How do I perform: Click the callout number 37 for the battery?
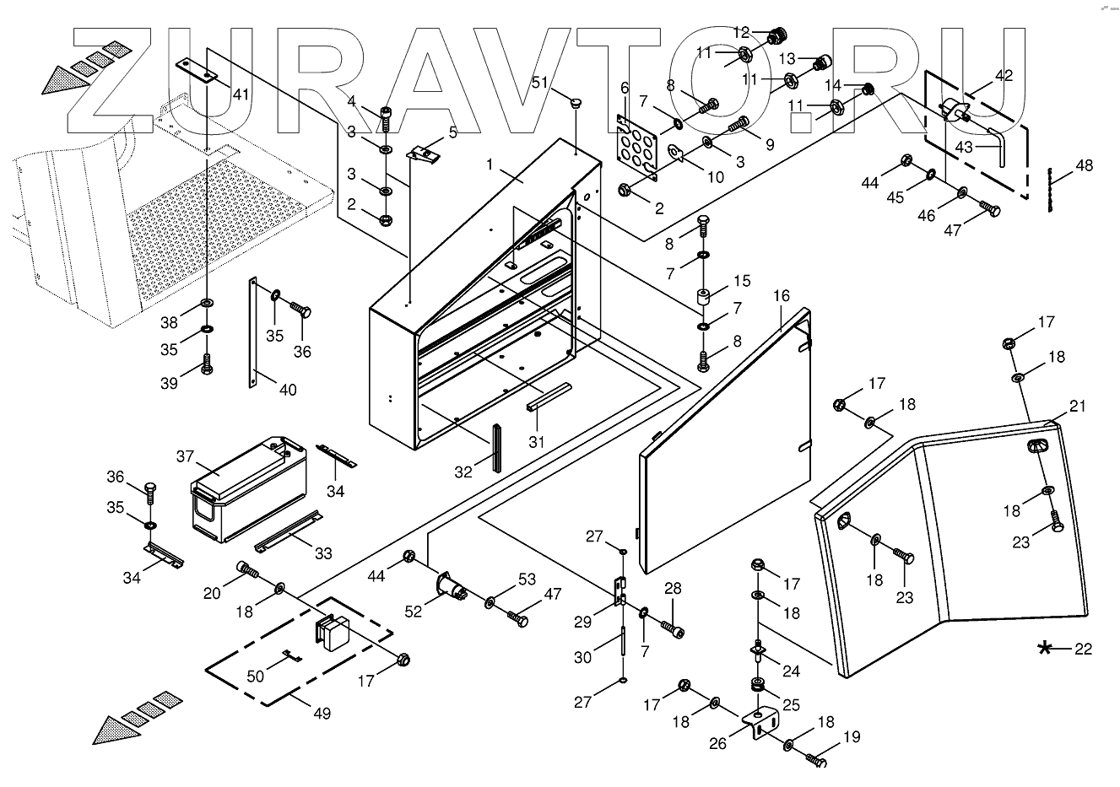point(186,456)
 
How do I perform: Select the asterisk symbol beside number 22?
point(1046,648)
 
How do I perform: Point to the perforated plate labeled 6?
point(636,148)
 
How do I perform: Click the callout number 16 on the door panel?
point(782,295)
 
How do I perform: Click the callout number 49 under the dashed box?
point(322,713)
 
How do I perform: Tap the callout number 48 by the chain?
point(1084,165)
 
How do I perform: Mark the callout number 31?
point(537,440)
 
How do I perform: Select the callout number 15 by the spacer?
point(741,280)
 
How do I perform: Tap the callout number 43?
point(964,146)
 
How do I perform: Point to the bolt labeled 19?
point(815,759)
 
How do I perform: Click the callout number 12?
point(741,33)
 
